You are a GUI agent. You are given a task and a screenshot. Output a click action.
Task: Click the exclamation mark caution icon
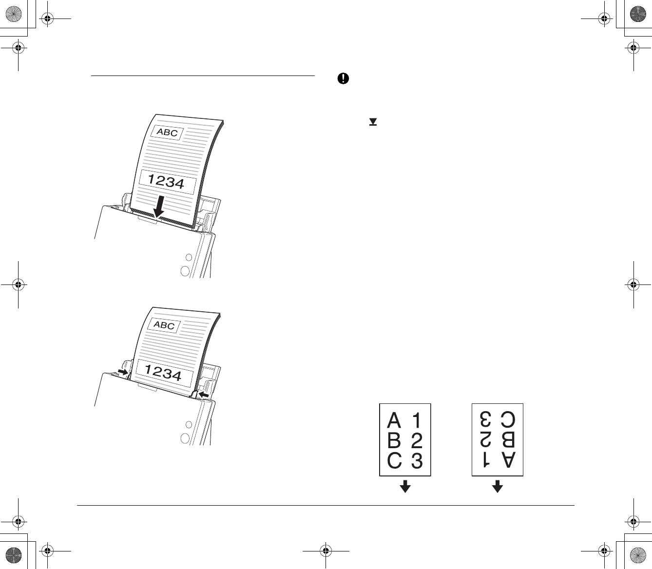click(x=343, y=79)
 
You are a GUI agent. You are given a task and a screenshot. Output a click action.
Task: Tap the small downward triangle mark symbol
click(x=373, y=122)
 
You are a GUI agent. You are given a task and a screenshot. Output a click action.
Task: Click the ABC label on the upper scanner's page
click(x=167, y=133)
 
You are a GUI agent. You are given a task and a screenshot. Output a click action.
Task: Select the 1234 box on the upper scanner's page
click(x=167, y=182)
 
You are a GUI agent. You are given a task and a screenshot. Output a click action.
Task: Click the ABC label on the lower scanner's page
click(x=164, y=325)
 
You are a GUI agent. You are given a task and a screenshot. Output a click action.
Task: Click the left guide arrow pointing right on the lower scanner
click(x=123, y=372)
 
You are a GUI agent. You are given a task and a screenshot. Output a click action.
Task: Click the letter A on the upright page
click(x=394, y=420)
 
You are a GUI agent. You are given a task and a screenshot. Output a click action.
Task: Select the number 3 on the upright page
click(x=417, y=461)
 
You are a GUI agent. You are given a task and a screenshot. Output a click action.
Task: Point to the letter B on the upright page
click(x=394, y=440)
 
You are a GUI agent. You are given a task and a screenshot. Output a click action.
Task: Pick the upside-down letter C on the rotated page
click(x=508, y=419)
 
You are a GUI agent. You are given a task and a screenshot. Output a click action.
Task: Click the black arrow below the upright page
click(x=405, y=486)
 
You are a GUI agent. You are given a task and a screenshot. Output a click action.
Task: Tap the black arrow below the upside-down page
click(x=497, y=486)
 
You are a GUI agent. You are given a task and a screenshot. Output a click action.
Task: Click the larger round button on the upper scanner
click(x=185, y=271)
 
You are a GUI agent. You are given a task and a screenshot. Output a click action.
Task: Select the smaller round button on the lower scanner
click(x=189, y=424)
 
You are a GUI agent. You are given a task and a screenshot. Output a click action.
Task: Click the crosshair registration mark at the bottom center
click(x=326, y=551)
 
